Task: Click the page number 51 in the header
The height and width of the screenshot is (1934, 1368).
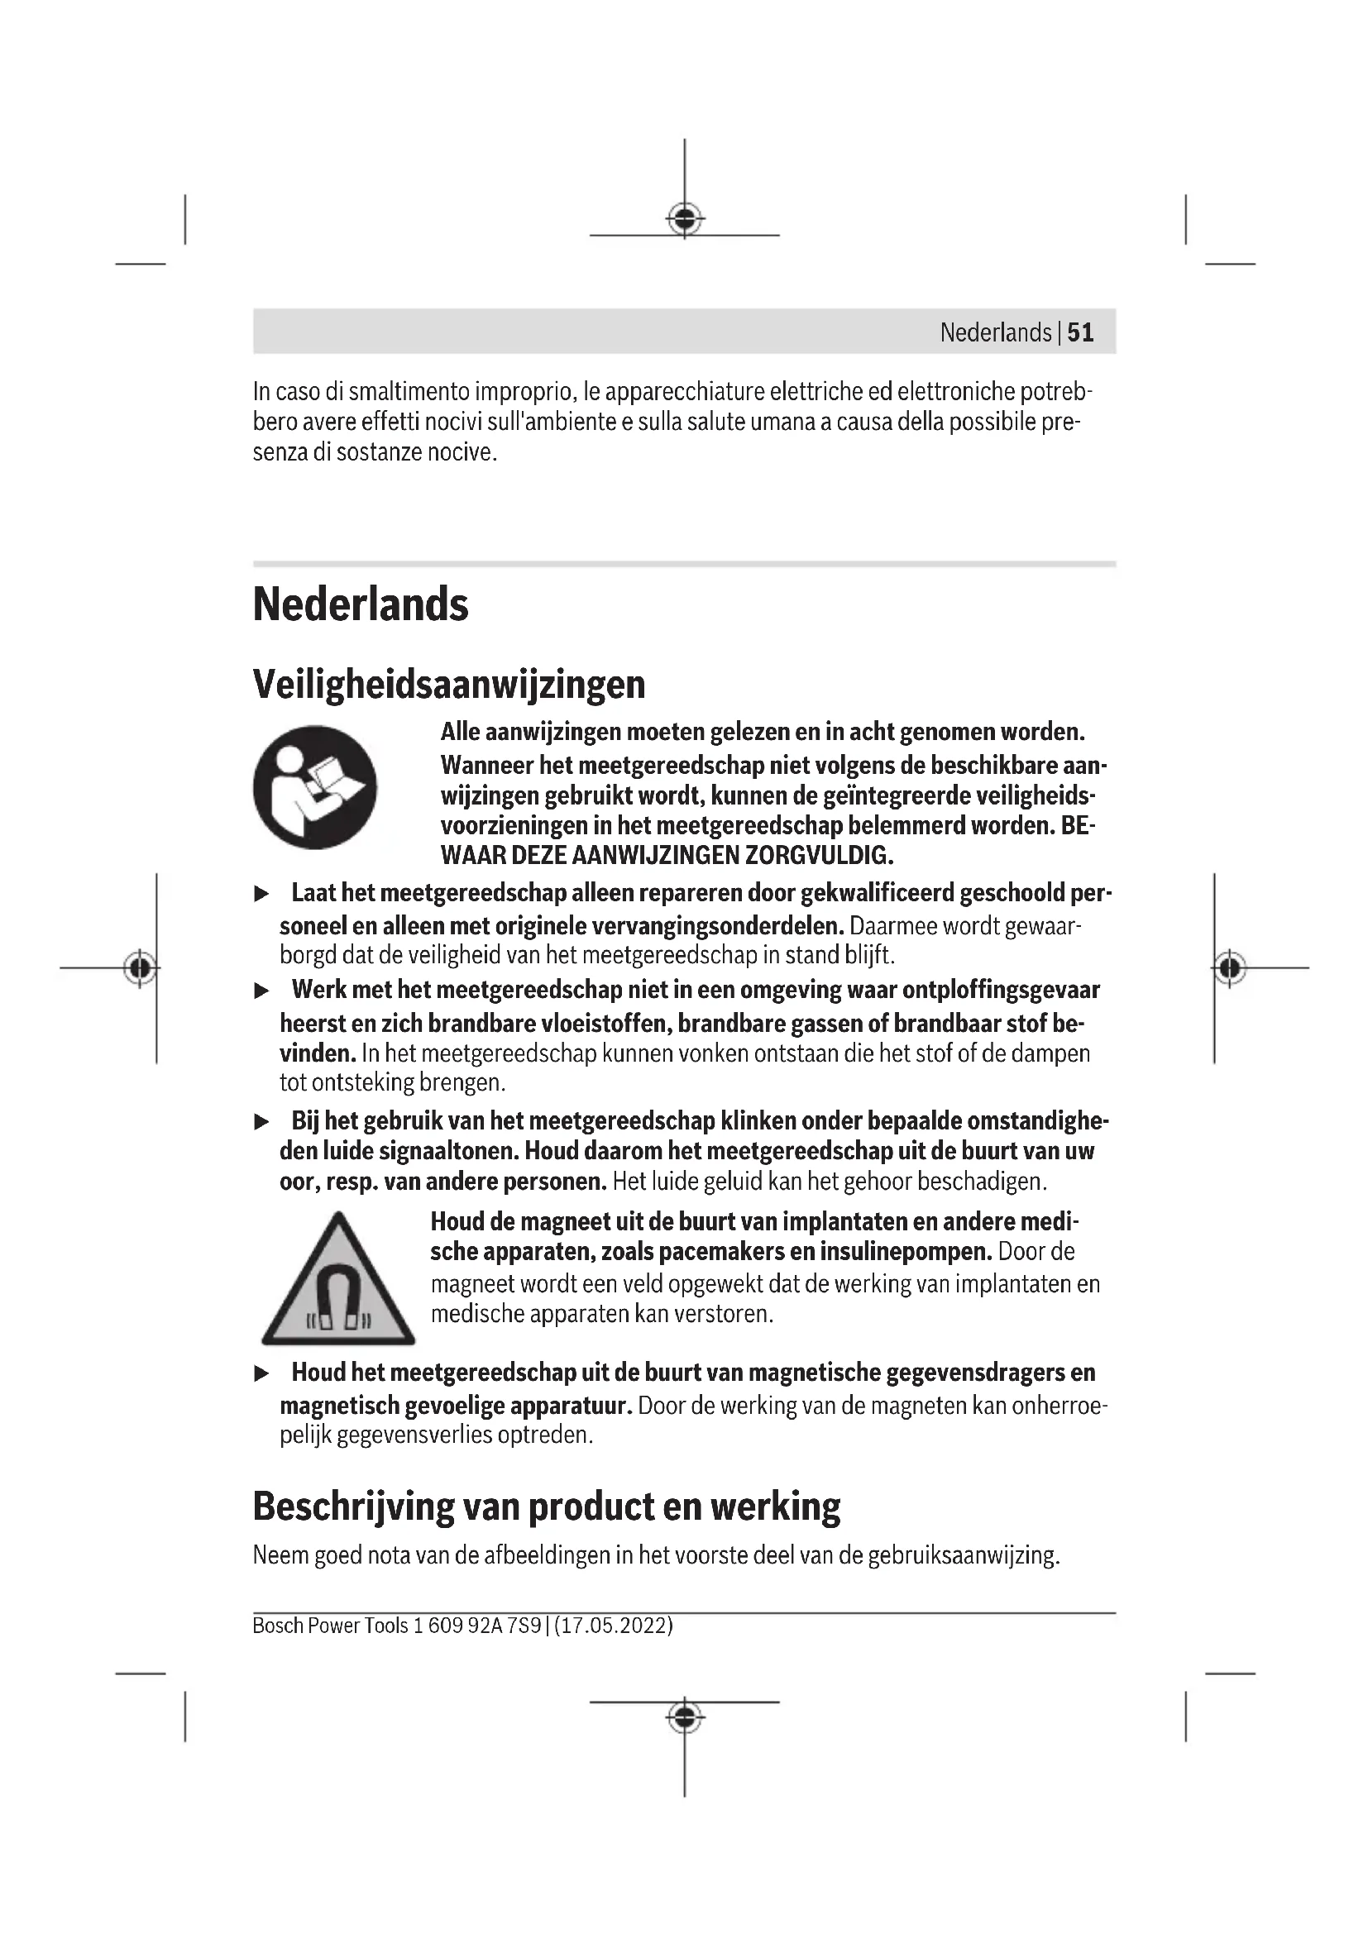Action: tap(1080, 332)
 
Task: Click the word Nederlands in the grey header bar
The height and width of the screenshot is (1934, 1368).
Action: tap(995, 332)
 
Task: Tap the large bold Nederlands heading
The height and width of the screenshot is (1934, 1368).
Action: tap(361, 604)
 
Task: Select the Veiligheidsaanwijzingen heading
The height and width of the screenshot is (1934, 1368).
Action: tap(449, 684)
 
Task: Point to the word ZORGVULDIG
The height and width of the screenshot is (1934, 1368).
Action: tap(818, 856)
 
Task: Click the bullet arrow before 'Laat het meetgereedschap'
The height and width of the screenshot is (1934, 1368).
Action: tap(262, 894)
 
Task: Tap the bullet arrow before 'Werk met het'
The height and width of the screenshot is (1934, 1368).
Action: tap(262, 991)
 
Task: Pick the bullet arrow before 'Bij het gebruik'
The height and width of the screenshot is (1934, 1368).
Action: tap(262, 1122)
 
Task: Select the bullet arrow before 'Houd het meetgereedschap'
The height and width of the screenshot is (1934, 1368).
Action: tap(262, 1374)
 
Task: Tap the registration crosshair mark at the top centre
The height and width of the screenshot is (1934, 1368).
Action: tap(685, 219)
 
